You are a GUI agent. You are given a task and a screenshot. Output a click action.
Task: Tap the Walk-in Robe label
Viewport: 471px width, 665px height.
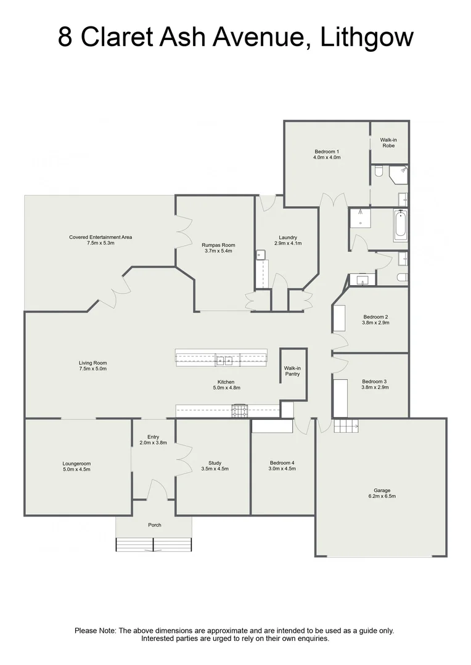point(388,143)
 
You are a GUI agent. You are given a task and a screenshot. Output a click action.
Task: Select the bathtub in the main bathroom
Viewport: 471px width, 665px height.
point(400,225)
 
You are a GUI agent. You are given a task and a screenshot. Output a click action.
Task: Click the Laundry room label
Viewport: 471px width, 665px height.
point(288,238)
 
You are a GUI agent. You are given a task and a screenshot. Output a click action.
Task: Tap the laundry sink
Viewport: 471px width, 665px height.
point(261,254)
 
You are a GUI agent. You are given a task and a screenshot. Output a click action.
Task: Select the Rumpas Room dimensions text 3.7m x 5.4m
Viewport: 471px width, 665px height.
point(219,251)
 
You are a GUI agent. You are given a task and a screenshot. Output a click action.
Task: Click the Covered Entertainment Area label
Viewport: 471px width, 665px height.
point(100,237)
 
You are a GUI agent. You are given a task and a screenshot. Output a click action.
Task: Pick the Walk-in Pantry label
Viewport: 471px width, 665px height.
point(292,371)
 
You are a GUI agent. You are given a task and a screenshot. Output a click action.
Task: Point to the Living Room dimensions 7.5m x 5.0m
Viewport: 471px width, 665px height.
point(92,369)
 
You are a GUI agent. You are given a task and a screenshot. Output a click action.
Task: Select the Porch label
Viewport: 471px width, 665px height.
point(154,525)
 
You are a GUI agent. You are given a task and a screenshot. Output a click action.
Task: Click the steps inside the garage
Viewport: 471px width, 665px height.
point(346,425)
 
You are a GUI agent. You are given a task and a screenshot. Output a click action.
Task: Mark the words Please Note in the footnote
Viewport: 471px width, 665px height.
point(95,631)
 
